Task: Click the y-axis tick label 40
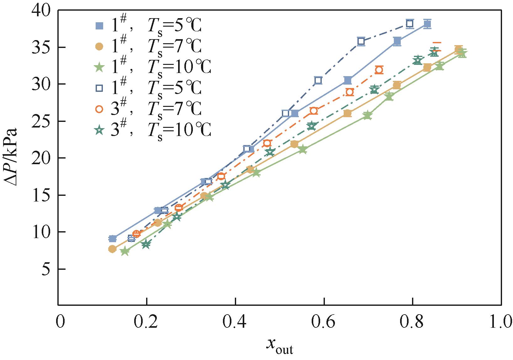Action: pyautogui.click(x=41, y=11)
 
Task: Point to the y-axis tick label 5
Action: pyautogui.click(x=46, y=269)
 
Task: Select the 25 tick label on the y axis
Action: pyautogui.click(x=41, y=122)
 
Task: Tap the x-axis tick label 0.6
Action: pyautogui.click(x=324, y=322)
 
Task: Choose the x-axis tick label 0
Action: pyautogui.click(x=59, y=322)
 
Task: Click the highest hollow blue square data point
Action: pyautogui.click(x=410, y=23)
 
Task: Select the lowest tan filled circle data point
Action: pyautogui.click(x=112, y=249)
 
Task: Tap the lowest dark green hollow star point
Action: pyautogui.click(x=145, y=244)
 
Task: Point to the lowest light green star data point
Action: pyautogui.click(x=125, y=251)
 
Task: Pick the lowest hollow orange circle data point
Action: pyautogui.click(x=136, y=234)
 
